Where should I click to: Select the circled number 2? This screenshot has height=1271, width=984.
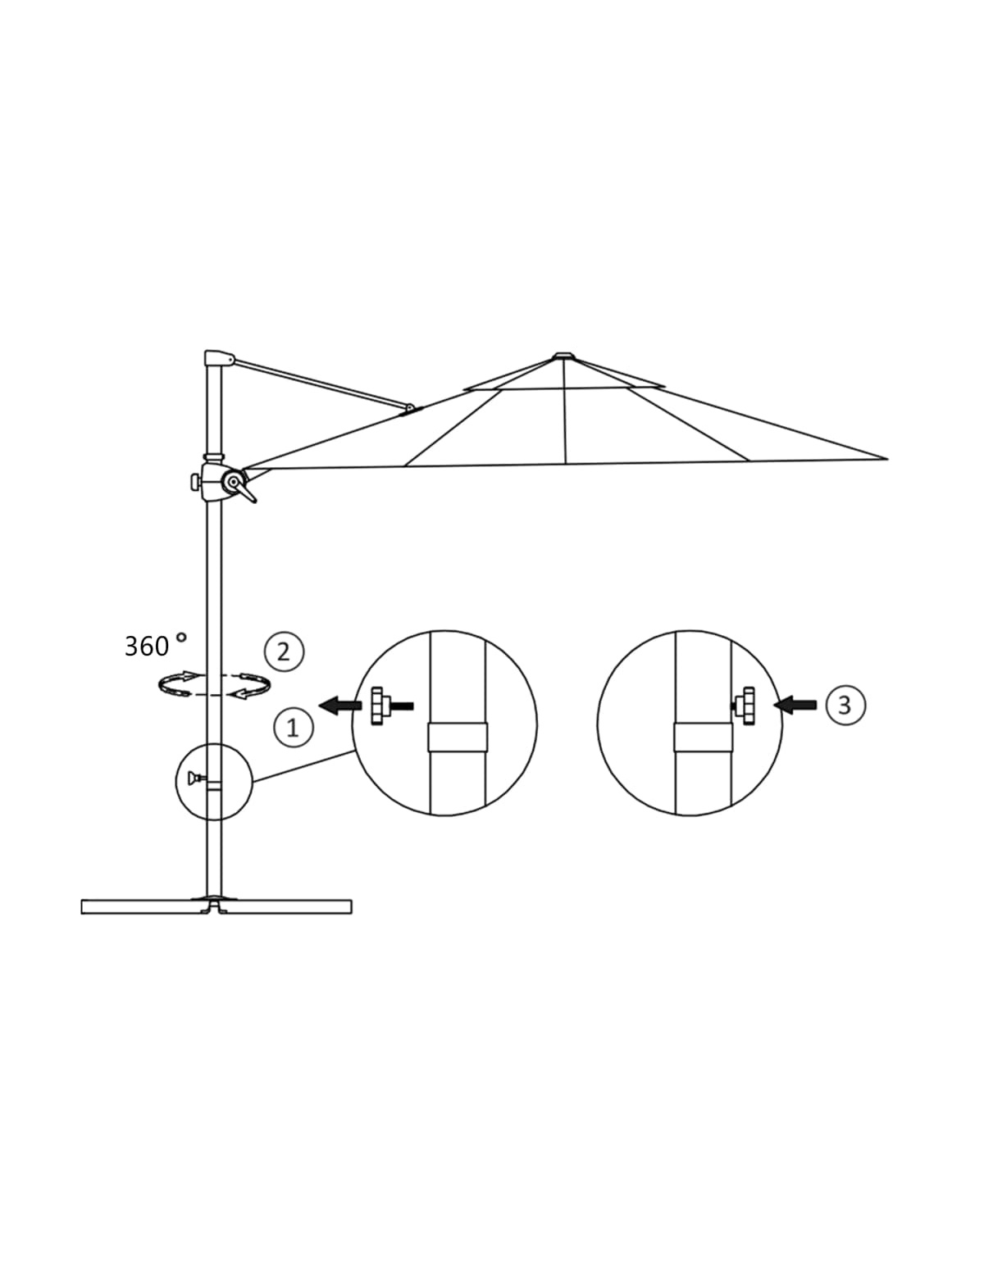(284, 651)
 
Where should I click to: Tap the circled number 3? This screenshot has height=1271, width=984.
(845, 705)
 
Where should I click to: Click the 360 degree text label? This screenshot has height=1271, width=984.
(155, 645)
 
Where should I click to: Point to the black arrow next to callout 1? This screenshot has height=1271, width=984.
(340, 706)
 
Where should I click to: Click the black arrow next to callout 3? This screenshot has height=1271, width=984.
(795, 706)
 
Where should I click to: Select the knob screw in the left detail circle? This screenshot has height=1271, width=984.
(391, 706)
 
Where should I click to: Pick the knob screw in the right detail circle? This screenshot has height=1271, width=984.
(744, 706)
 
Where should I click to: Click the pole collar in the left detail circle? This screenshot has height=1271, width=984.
(458, 737)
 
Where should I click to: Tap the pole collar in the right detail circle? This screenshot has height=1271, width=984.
(703, 737)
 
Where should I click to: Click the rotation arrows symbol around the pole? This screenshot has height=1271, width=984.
(214, 684)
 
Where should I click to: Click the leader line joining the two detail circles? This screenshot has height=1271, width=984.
(302, 766)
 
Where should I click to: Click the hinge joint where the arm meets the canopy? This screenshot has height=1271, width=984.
(410, 408)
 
